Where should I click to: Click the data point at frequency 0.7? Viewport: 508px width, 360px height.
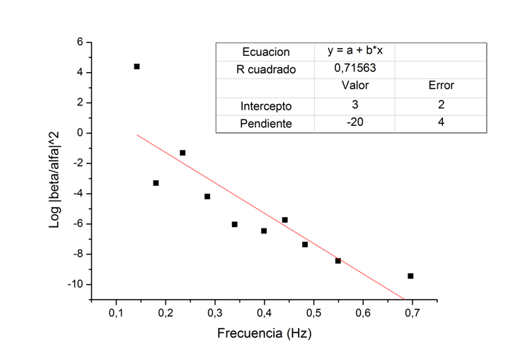(410, 276)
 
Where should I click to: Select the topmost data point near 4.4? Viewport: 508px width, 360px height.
(137, 66)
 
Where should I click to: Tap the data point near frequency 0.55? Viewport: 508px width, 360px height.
(338, 261)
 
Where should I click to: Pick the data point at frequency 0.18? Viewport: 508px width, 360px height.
(156, 182)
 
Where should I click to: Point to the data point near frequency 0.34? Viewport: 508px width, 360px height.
(234, 224)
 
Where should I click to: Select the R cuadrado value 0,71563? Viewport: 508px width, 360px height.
(354, 69)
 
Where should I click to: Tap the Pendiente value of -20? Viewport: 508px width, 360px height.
(354, 122)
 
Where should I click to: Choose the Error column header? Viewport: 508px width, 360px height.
(441, 86)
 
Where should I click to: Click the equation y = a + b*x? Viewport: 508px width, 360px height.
(354, 52)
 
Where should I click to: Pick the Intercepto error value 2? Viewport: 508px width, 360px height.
(441, 105)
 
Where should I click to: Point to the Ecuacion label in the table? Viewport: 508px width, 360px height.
(265, 52)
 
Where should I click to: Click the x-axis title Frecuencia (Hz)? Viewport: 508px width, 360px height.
(265, 332)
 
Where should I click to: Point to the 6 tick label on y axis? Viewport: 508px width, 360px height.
(80, 42)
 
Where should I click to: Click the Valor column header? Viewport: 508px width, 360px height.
(354, 86)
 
